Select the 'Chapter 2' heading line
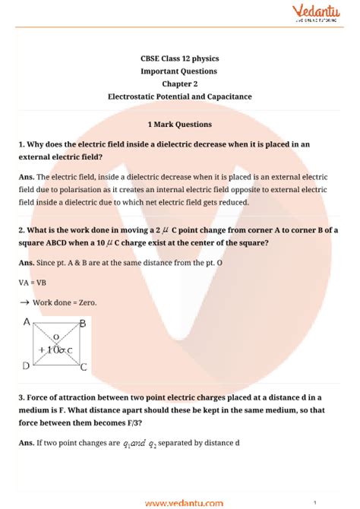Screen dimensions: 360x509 point(179,84)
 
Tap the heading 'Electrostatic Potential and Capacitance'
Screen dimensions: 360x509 point(179,96)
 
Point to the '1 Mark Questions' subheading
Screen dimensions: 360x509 point(179,124)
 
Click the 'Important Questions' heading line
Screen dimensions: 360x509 point(179,71)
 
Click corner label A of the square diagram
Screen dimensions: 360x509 point(26,322)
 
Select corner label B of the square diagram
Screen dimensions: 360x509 point(83,323)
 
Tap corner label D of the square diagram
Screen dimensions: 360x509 point(26,365)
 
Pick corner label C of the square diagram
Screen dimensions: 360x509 point(83,367)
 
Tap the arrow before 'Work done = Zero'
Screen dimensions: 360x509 point(24,302)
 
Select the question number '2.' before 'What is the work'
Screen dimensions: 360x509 point(22,229)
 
